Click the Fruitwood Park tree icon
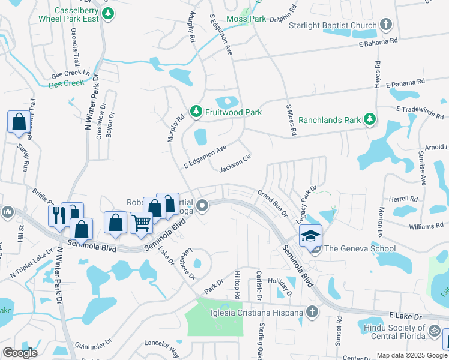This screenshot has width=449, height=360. click(196, 112)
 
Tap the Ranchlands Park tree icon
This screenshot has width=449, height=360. click(370, 119)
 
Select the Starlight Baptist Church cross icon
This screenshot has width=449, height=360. click(385, 25)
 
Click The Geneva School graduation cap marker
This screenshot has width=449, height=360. click(311, 236)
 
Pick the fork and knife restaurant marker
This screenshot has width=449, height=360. click(59, 215)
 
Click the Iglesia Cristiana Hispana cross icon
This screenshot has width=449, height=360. click(311, 311)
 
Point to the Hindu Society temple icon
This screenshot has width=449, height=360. click(433, 329)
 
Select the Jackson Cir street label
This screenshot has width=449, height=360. click(234, 164)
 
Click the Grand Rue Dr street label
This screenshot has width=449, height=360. click(273, 199)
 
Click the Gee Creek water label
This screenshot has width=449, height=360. click(66, 83)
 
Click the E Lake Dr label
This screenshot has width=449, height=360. click(406, 314)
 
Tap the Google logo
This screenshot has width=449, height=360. click(20, 353)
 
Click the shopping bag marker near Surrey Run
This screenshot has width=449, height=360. click(19, 122)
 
